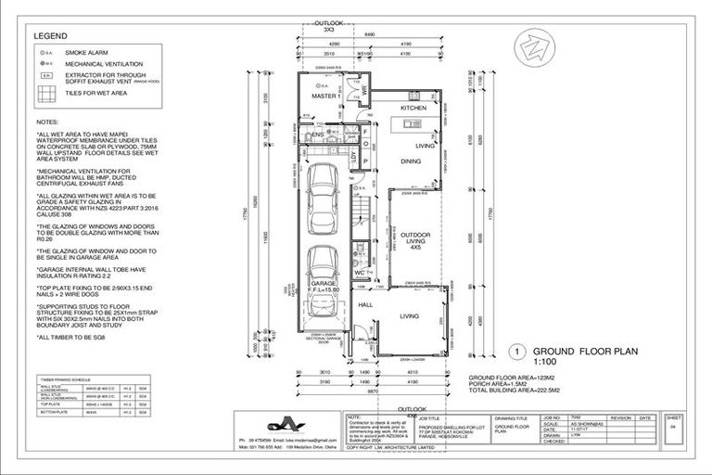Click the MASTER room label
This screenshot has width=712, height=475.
coord(324,96)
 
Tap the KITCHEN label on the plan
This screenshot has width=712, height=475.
coord(413,109)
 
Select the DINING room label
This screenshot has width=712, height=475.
coord(412,160)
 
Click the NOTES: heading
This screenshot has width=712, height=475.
coord(46,122)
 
